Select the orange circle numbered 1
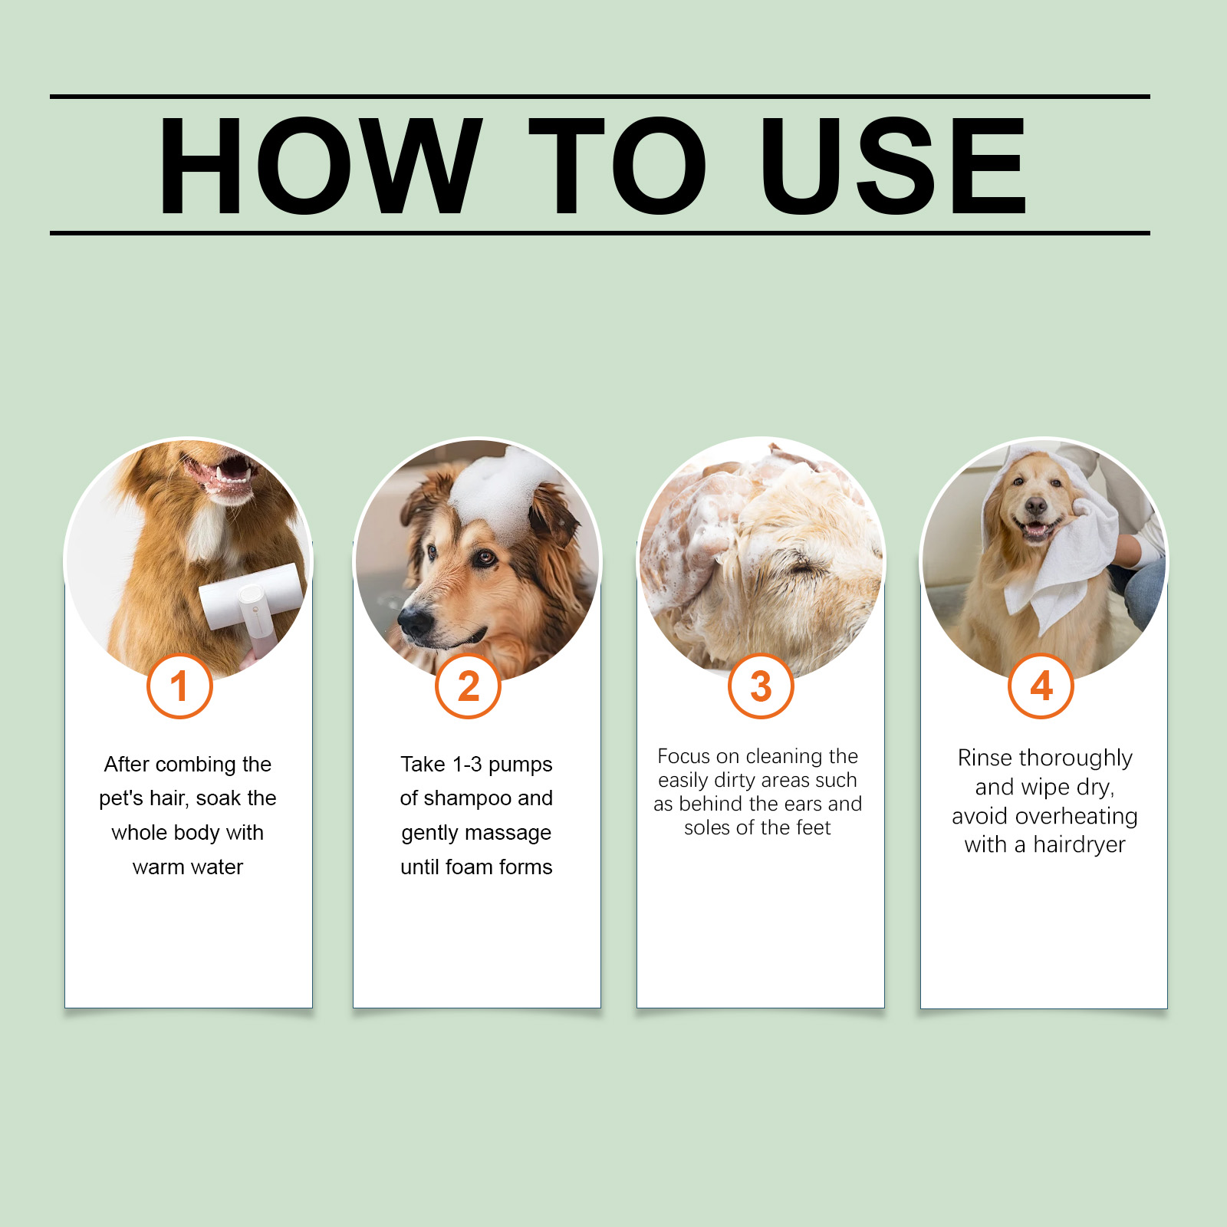[x=179, y=686]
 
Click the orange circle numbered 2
[x=468, y=686]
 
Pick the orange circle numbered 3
[x=761, y=686]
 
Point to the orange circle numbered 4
[x=1041, y=686]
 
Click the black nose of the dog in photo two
[x=416, y=622]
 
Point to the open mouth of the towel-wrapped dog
[x=1035, y=530]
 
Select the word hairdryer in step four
[x=1079, y=845]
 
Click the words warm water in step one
[x=188, y=867]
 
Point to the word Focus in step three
[x=684, y=756]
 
